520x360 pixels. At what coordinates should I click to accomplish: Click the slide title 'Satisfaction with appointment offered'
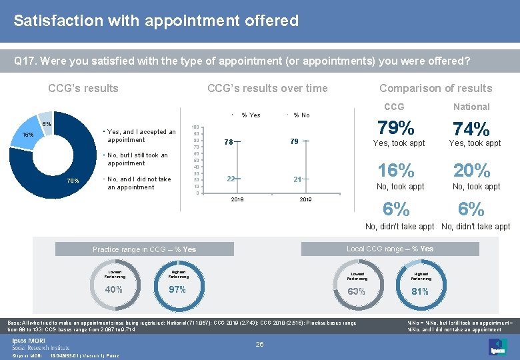156,21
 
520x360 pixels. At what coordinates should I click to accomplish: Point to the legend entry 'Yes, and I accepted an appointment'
141,136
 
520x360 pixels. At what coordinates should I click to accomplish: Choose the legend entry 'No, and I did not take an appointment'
139,183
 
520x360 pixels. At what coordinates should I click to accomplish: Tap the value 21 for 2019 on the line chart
297,179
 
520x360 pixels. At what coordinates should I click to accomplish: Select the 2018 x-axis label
237,199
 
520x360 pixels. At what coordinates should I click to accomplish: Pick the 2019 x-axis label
305,199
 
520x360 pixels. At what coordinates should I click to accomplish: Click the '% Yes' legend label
251,115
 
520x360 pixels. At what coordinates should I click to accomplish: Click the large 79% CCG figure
396,127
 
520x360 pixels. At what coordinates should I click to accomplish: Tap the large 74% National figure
471,129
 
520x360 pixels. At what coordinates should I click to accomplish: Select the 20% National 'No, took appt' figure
471,171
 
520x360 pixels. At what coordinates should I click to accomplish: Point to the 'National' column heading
471,107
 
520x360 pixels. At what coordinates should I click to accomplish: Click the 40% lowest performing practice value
114,289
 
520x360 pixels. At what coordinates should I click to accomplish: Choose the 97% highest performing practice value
177,289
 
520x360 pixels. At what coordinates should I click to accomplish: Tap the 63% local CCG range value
357,291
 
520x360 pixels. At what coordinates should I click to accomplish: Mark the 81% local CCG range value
420,291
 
